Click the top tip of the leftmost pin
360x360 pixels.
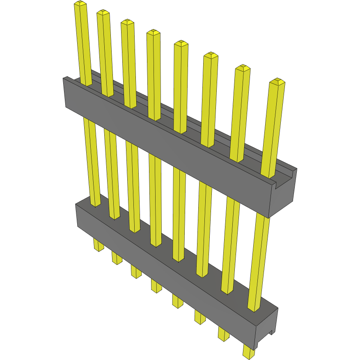tap(80, 4)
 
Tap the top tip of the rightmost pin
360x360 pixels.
tap(277, 81)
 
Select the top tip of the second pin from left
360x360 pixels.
tap(103, 13)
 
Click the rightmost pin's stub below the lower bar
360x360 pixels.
tap(248, 352)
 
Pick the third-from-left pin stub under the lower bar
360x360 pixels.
tap(136, 271)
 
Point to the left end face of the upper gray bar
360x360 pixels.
tap(64, 93)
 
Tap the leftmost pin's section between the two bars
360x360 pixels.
tap(92, 160)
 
